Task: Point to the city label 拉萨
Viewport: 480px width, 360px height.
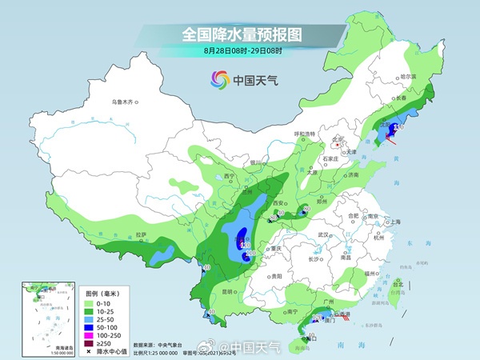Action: click(x=142, y=234)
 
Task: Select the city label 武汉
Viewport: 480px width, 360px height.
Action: click(x=324, y=234)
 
